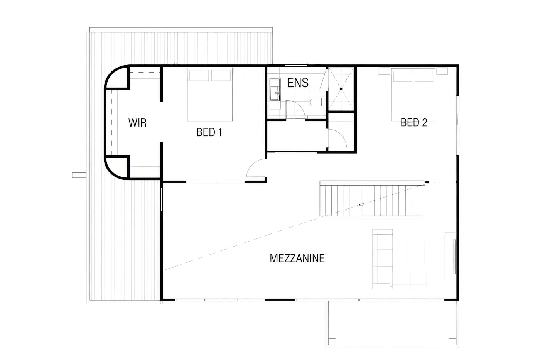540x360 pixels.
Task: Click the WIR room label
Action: click(137, 123)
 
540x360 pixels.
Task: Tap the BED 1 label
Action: click(209, 132)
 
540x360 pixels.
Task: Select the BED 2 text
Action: click(414, 122)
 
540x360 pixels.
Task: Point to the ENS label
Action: click(298, 83)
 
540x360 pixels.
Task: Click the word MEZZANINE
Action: click(297, 258)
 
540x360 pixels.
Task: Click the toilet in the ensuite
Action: click(318, 102)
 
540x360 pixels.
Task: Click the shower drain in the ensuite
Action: click(341, 89)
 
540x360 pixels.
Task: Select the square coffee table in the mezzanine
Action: click(416, 250)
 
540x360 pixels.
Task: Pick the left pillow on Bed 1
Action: click(199, 75)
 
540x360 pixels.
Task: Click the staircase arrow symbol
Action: click(361, 205)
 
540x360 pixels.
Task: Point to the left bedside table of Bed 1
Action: click(181, 71)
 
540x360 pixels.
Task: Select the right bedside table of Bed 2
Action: click(442, 71)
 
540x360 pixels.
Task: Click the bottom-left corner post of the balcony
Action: click(332, 342)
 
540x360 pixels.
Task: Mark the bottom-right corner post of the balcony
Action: click(452, 342)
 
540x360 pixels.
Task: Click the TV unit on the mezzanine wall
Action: click(451, 257)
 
